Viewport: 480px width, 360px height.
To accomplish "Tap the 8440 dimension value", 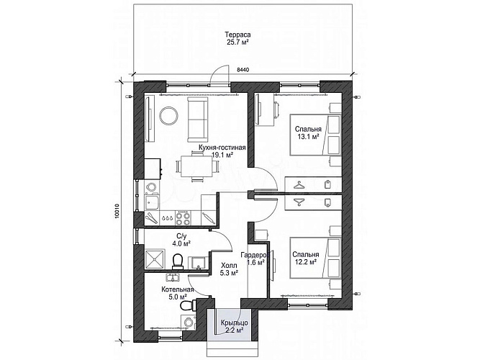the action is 243,70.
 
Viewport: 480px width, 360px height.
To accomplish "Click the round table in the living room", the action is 168,115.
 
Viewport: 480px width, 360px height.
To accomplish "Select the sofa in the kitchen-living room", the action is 196,119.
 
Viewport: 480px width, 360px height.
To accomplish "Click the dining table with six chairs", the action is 196,166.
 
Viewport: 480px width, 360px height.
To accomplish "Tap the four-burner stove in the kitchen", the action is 183,217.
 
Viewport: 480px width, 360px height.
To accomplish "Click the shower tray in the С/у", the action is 155,260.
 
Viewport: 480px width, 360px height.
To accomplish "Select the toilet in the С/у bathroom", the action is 177,262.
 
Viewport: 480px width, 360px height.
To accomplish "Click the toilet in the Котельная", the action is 188,305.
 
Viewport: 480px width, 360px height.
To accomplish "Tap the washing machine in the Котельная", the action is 189,322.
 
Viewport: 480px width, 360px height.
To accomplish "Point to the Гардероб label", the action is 255,255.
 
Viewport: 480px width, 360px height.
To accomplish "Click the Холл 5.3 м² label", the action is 230,269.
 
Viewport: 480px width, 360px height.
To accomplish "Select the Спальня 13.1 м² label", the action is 308,132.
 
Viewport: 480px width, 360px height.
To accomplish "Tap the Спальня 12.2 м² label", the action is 305,258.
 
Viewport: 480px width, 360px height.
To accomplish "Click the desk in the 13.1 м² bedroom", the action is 265,110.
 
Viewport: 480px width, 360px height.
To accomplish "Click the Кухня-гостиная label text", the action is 222,148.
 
